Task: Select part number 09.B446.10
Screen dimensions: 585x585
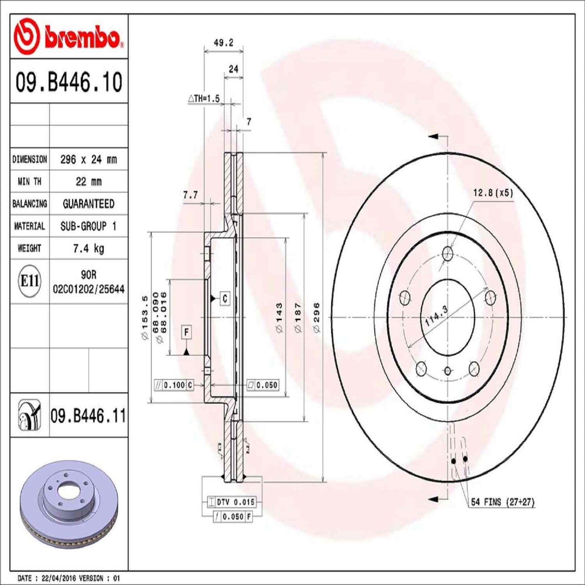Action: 69,82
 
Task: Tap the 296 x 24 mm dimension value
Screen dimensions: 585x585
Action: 88,160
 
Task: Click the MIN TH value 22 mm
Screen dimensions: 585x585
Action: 88,182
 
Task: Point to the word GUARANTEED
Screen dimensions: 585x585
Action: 88,204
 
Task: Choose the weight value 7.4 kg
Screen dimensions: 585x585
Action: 88,248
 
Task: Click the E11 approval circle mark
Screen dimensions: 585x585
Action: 30,281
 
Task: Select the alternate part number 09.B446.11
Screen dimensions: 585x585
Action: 88,416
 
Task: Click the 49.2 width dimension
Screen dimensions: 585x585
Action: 223,43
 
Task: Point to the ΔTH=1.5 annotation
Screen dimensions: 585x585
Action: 204,98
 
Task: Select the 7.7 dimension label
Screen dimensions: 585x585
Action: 190,195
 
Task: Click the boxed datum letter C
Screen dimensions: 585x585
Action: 225,299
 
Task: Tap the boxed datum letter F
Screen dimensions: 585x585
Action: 186,332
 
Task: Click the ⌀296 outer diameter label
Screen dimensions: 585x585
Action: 316,318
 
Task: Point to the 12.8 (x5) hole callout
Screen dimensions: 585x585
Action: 493,193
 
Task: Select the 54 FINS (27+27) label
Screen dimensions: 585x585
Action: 502,502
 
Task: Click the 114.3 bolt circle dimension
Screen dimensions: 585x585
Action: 436,316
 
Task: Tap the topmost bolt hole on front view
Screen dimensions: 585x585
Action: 447,254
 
